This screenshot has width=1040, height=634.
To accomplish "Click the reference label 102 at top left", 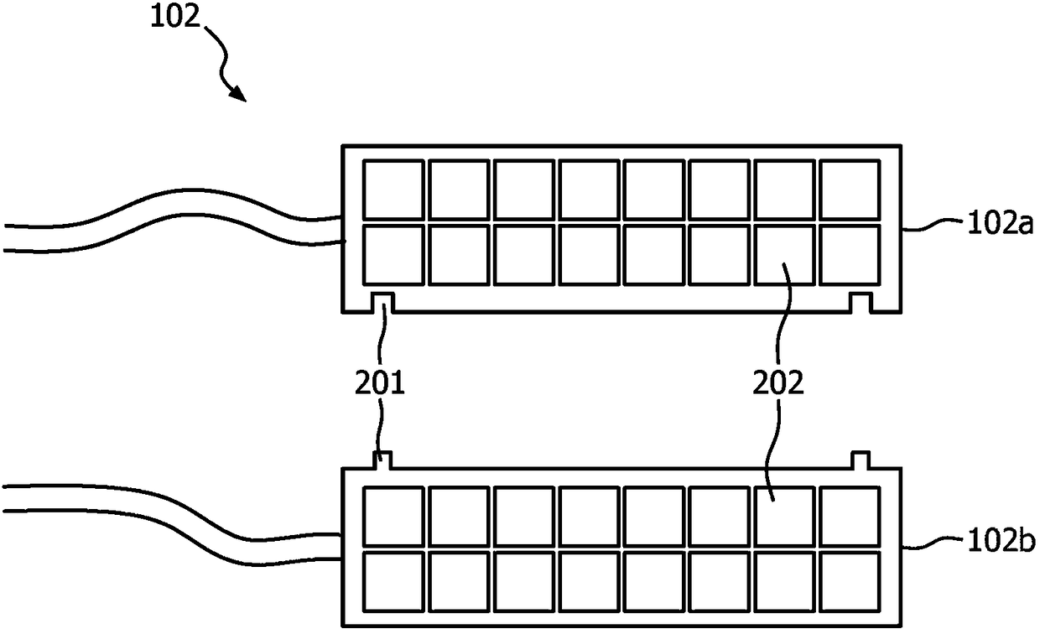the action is point(175,17).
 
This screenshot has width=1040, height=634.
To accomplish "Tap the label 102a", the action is point(1001,224).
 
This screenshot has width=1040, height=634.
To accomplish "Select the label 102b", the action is point(1001,541).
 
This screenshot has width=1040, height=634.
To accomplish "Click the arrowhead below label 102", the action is point(238,93).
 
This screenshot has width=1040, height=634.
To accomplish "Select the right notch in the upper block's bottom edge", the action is point(861,303).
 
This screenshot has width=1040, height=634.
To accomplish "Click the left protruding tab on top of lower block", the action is point(382,460).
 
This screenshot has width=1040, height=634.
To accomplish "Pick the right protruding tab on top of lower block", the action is point(861,460).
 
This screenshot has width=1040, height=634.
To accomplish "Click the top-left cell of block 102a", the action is point(393,190).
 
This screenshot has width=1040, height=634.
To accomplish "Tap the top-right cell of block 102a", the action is point(850,190).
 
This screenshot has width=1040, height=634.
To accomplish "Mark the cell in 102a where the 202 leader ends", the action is point(785,255).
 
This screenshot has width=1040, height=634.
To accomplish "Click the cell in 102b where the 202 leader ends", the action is point(785,517).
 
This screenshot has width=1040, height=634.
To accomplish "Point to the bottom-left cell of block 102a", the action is point(393,255).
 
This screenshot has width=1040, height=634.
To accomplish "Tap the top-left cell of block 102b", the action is point(393,517).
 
